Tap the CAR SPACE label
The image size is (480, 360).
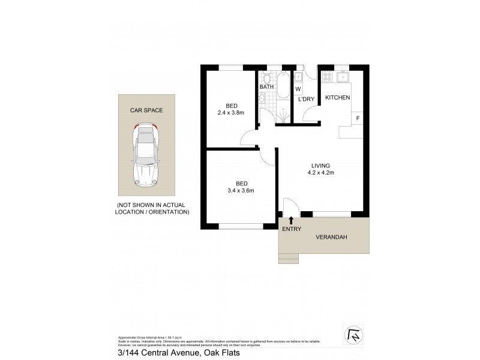(147, 110)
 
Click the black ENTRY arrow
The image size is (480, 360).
(292, 220)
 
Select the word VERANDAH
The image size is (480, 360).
(331, 236)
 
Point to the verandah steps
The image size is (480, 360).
(289, 258)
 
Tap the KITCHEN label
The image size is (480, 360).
(338, 97)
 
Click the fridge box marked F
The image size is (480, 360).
(358, 118)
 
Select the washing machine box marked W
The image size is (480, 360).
(298, 89)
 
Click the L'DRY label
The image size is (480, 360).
(307, 100)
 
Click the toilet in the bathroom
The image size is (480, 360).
(266, 78)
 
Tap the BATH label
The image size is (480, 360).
(267, 88)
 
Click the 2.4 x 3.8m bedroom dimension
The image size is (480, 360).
(231, 111)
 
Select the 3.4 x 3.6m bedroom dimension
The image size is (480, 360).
(241, 191)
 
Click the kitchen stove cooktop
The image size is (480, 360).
(328, 76)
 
